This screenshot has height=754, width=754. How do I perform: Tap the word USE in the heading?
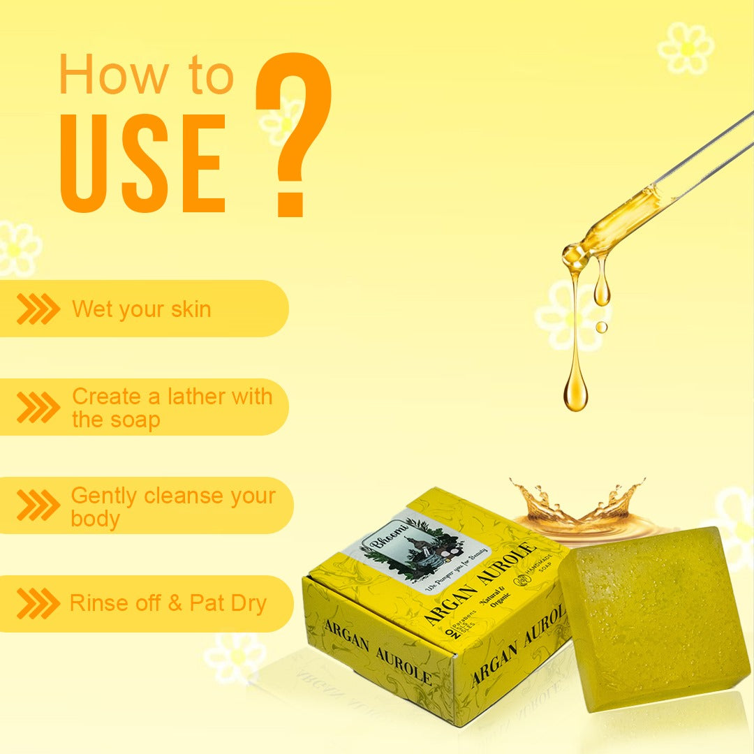(x=143, y=164)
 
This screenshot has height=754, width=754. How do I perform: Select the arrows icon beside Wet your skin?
(x=38, y=309)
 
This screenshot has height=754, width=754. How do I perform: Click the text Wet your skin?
(x=141, y=309)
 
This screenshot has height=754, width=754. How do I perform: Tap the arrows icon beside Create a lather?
(x=38, y=407)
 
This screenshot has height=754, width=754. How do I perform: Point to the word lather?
(x=200, y=397)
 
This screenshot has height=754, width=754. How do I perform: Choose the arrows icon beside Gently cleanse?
(x=38, y=505)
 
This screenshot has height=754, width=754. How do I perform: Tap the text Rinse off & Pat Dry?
(x=168, y=603)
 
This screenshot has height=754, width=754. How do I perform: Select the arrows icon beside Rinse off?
(x=38, y=604)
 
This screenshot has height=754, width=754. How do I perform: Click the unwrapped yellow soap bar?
(x=653, y=618)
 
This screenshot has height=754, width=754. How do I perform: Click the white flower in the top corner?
(x=686, y=47)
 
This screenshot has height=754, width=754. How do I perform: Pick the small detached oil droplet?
(x=601, y=326)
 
